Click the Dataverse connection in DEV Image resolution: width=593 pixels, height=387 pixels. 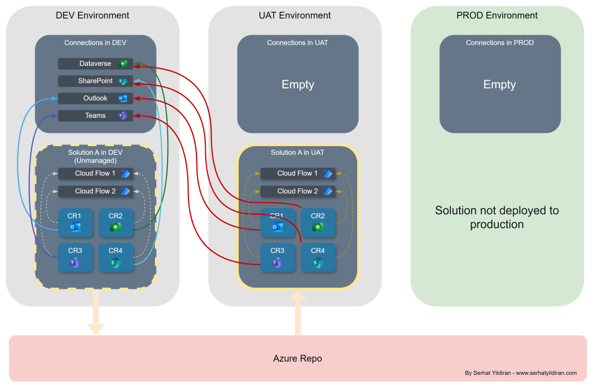coord(95,64)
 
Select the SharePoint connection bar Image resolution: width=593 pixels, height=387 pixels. coord(95,81)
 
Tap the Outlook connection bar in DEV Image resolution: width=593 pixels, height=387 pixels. coord(95,98)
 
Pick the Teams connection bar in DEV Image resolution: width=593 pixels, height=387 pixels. coord(95,116)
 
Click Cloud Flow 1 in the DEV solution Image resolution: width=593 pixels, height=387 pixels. coord(95,173)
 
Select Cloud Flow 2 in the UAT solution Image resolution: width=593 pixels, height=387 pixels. coord(298,191)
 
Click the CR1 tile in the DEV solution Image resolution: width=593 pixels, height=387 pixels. coord(75,223)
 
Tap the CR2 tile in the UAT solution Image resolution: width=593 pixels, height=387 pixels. coord(318,223)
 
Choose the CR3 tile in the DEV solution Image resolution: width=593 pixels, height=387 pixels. coord(75,258)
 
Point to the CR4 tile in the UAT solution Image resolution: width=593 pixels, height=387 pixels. coord(318,258)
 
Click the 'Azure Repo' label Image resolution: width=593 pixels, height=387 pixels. coord(298,358)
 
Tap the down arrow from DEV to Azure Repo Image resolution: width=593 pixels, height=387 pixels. coord(96,311)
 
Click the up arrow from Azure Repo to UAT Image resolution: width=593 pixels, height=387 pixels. coord(298,312)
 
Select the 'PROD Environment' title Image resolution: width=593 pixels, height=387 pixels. coord(497,16)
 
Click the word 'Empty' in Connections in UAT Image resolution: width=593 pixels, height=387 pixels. coord(298,84)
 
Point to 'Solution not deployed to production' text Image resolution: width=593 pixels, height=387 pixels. coord(497,217)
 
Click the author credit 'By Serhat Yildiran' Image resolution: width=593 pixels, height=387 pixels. coord(488,373)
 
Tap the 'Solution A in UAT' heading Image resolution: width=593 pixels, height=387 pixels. coord(298,152)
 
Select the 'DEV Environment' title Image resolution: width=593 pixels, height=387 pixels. coord(92,16)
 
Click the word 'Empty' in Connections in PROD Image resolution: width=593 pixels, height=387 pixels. coord(499,84)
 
